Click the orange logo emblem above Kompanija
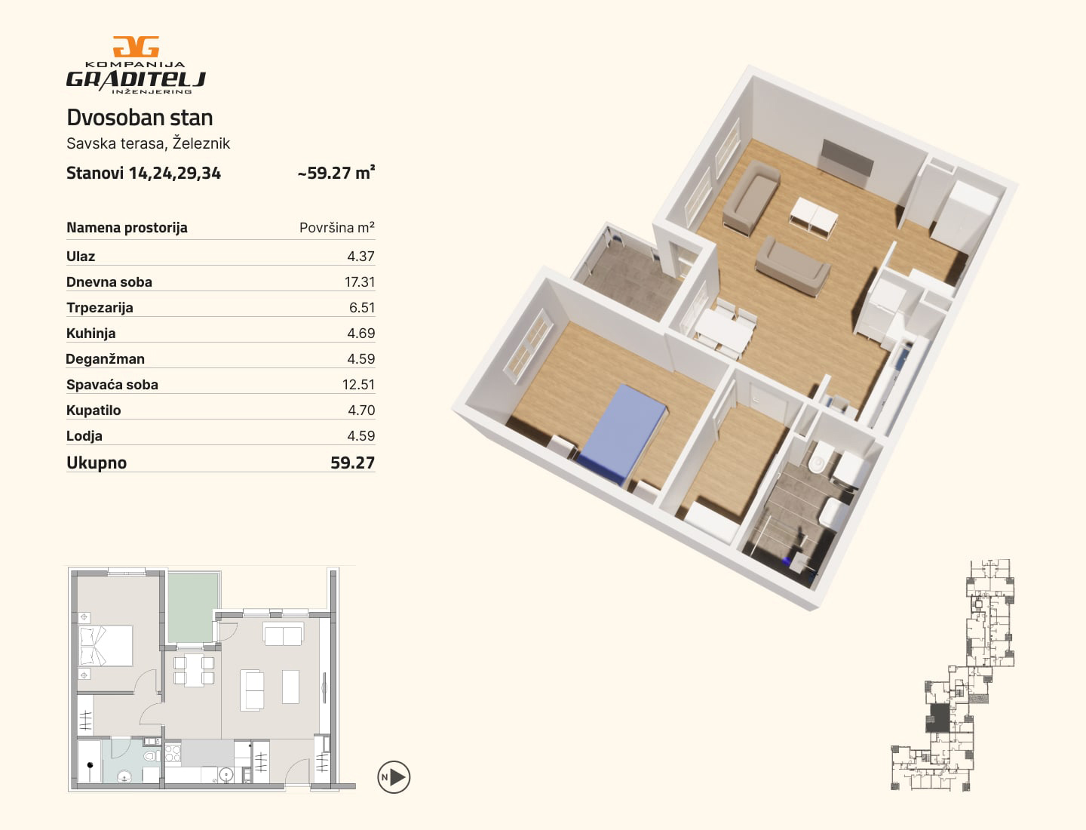point(136,47)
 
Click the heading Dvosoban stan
point(140,118)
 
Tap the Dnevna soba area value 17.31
point(360,282)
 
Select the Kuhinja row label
point(91,333)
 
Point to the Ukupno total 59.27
point(353,463)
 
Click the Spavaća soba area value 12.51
point(359,385)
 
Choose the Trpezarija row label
point(100,308)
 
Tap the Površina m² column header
point(337,228)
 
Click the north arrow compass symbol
point(394,777)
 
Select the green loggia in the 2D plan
point(194,607)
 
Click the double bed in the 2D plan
point(106,645)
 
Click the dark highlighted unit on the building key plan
point(938,718)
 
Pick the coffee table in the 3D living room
point(814,217)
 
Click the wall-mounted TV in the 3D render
point(846,158)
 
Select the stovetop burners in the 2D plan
point(173,754)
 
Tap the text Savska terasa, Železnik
point(149,143)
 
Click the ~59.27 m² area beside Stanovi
point(336,173)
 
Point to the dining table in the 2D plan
point(194,671)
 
